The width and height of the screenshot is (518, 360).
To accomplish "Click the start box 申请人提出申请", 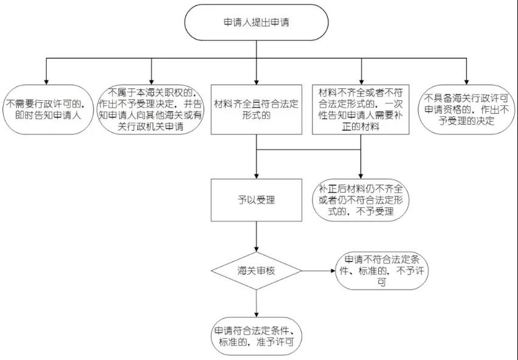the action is [257, 22].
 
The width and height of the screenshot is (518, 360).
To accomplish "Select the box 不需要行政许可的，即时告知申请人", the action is [48, 109].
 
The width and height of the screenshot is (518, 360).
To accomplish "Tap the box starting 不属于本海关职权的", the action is [151, 109].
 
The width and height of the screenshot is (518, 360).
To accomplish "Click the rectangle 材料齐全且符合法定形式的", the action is [257, 109].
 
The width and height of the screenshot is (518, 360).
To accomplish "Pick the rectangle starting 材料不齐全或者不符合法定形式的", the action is [361, 109].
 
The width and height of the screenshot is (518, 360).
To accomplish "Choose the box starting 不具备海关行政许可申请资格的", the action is [466, 109].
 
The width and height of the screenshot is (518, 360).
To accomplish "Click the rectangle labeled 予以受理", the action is [257, 200].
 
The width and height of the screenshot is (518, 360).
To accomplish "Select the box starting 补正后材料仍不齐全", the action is [361, 200].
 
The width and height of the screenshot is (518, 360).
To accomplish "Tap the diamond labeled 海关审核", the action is [257, 271].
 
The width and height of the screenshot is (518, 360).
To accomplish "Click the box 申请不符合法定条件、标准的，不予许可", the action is [382, 271].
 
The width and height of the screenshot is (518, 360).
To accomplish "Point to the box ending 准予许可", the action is [257, 336].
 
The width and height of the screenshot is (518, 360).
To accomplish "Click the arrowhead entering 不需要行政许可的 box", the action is [47, 82].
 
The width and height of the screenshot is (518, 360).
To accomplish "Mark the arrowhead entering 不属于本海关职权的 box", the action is [151, 82].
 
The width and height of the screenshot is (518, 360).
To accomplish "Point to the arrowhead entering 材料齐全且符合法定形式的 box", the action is [257, 82].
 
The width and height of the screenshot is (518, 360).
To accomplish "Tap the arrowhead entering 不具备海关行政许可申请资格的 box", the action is [466, 82].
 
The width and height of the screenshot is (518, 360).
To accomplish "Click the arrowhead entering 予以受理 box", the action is [257, 176].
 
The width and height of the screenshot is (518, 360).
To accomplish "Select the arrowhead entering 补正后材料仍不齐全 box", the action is [361, 176].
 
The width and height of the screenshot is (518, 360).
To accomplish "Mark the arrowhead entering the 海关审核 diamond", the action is [257, 249].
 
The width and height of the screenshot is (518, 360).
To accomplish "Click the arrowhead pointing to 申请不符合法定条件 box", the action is [333, 271].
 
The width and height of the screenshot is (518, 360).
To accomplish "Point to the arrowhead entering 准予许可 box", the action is [257, 315].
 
